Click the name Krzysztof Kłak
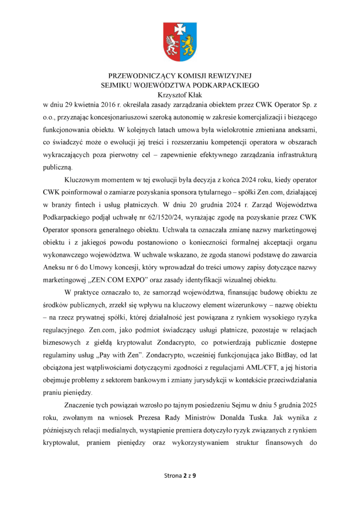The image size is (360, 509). tap(180, 94)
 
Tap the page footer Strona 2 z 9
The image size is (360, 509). tap(180, 476)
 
